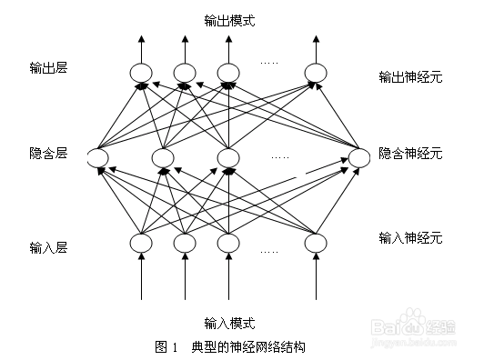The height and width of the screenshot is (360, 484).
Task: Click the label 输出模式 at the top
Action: pyautogui.click(x=229, y=19)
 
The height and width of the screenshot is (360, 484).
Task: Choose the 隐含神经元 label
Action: pyautogui.click(x=409, y=154)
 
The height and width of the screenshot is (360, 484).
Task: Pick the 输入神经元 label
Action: pyautogui.click(x=409, y=238)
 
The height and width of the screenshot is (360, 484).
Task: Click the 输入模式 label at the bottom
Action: pyautogui.click(x=229, y=324)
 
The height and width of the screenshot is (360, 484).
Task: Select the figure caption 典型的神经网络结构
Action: pyautogui.click(x=248, y=346)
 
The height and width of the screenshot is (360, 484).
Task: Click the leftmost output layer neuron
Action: pyautogui.click(x=141, y=73)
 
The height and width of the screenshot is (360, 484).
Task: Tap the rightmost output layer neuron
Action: pyautogui.click(x=316, y=73)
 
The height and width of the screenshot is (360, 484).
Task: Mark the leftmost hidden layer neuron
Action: pyautogui.click(x=98, y=160)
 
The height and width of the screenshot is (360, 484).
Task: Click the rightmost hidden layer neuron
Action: pyautogui.click(x=359, y=159)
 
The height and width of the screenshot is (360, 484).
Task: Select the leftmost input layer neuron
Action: pyautogui.click(x=141, y=243)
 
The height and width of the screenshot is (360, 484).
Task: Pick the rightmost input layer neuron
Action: pyautogui.click(x=316, y=243)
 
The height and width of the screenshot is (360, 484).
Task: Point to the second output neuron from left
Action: pyautogui.click(x=185, y=73)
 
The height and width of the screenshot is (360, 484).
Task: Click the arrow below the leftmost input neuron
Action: pyautogui.click(x=141, y=277)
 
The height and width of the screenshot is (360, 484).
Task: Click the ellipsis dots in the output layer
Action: pyautogui.click(x=269, y=63)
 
